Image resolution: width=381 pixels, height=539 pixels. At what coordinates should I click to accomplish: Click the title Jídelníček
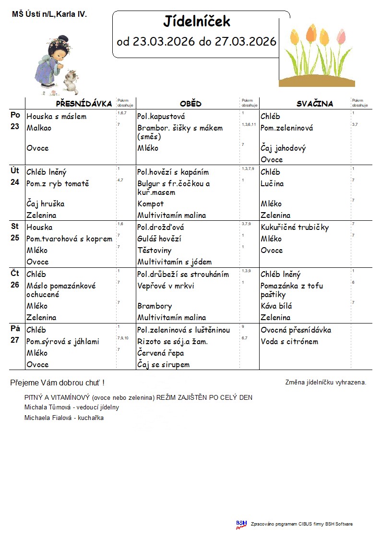click(x=197, y=22)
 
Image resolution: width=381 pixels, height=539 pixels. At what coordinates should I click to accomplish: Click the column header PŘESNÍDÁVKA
click(x=84, y=104)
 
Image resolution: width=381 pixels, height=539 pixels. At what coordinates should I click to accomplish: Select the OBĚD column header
click(x=190, y=104)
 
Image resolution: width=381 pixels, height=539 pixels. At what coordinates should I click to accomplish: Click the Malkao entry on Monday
click(x=39, y=128)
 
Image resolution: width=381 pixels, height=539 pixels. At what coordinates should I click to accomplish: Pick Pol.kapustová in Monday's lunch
click(x=161, y=117)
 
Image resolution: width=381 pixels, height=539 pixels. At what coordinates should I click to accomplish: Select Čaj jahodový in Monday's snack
click(x=283, y=148)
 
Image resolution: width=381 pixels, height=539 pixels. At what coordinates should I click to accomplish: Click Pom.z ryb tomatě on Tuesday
click(x=58, y=184)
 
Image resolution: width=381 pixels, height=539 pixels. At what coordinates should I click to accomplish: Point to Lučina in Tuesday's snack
click(x=272, y=184)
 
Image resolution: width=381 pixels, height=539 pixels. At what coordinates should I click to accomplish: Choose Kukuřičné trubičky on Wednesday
click(x=295, y=228)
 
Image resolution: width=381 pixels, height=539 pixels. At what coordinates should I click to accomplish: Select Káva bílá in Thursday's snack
click(x=276, y=306)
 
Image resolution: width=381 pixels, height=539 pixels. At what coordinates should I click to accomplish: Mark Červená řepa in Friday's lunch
click(x=160, y=353)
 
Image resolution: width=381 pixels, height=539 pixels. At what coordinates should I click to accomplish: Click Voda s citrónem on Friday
click(x=289, y=342)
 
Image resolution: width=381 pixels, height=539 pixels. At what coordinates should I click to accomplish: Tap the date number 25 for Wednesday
click(x=15, y=238)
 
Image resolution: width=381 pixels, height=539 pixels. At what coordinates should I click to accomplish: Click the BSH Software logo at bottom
click(x=241, y=525)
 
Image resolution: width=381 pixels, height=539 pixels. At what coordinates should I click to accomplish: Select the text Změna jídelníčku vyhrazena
click(x=325, y=383)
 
